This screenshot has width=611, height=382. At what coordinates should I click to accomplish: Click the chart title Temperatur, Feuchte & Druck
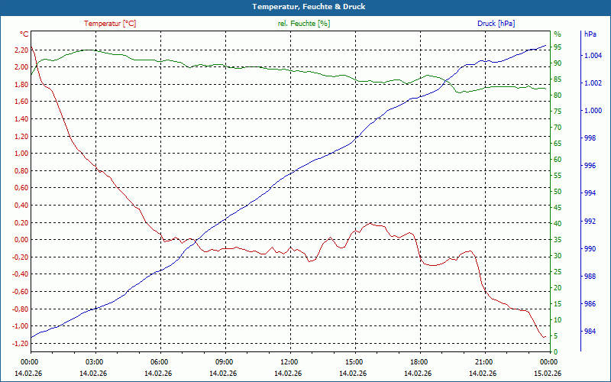pos(305,7)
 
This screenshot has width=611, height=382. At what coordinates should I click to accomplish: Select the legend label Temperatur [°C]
pos(110,24)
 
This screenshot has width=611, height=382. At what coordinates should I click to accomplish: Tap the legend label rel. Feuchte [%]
pos(304,24)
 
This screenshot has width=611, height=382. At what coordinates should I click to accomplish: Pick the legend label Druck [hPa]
pos(496,24)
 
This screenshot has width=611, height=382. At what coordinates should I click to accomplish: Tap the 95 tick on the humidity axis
pos(558,47)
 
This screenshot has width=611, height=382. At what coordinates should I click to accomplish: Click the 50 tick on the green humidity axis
pos(558,192)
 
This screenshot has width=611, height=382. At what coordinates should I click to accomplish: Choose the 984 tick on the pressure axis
pos(590,332)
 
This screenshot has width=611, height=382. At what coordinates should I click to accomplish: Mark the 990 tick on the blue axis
pos(590,249)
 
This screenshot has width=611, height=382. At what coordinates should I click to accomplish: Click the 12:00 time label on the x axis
pos(289,362)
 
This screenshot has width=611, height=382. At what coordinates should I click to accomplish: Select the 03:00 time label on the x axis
pos(95,362)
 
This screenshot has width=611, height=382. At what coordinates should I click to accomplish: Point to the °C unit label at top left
pos(24,34)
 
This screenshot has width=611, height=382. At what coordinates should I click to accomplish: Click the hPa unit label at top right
pos(590,34)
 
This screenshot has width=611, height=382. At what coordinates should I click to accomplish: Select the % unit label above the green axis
pos(557,34)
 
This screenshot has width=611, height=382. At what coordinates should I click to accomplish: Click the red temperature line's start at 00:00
pos(31,47)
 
